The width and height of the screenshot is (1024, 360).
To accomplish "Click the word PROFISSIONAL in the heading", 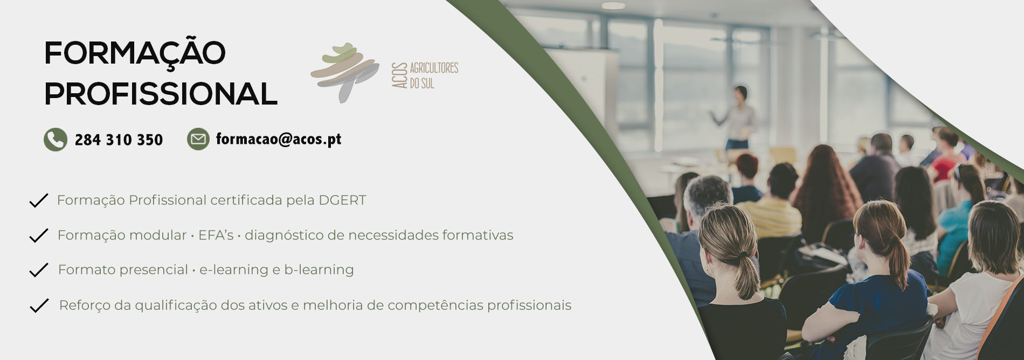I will pos(161,94).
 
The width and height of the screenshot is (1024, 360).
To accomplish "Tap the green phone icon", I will pos(56,140).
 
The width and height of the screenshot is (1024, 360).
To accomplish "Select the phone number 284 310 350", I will pos(119,140).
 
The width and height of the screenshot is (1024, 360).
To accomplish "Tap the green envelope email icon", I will pos(198,139).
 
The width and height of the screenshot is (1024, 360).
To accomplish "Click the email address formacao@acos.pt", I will pos(279,139).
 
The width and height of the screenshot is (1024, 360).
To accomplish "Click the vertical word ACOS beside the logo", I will pos(399,75).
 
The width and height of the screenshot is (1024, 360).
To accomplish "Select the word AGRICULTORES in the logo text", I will pos(434,68).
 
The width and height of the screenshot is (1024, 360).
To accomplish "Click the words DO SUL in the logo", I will pos(422,84).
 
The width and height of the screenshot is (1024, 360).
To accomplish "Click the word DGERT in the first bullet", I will pos(342,200).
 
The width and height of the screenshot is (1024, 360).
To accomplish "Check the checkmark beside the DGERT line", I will pos(39,200).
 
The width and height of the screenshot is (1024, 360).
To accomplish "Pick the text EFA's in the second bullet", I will pos(216,236).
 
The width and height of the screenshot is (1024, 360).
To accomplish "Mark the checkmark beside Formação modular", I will pos(39,236).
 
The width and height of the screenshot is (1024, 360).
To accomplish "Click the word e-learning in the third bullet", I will pos(233,270).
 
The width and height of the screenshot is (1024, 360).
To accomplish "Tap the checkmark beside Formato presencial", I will pos(39,270).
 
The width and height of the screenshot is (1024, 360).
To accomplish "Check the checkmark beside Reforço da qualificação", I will pos(39,306).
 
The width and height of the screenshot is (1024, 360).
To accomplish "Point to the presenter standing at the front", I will pos(738,119).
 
